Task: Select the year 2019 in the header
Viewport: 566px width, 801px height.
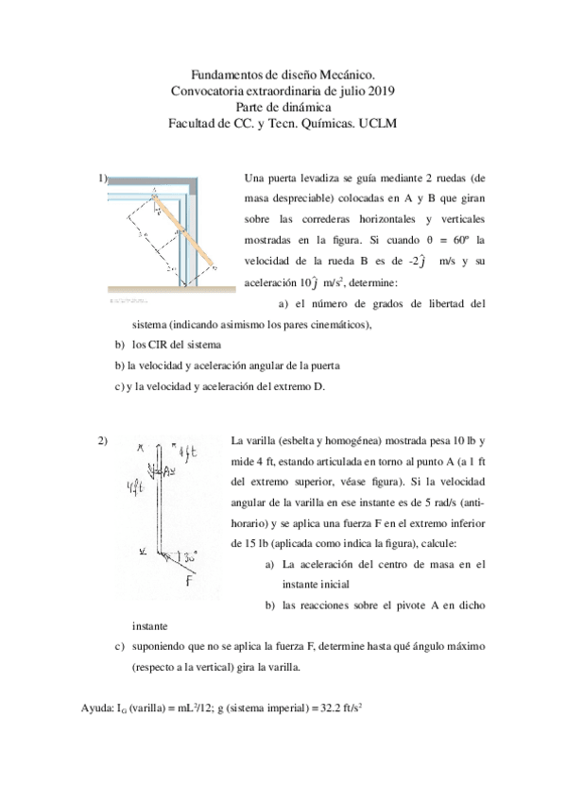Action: coord(380,91)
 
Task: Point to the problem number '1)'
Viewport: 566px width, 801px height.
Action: coord(103,178)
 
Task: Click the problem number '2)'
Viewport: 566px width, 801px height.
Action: coord(103,439)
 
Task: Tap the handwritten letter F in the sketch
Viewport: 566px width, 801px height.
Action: coord(189,579)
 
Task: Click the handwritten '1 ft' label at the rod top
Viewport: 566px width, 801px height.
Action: coord(180,451)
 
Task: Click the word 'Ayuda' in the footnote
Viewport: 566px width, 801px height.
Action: coord(97,707)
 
